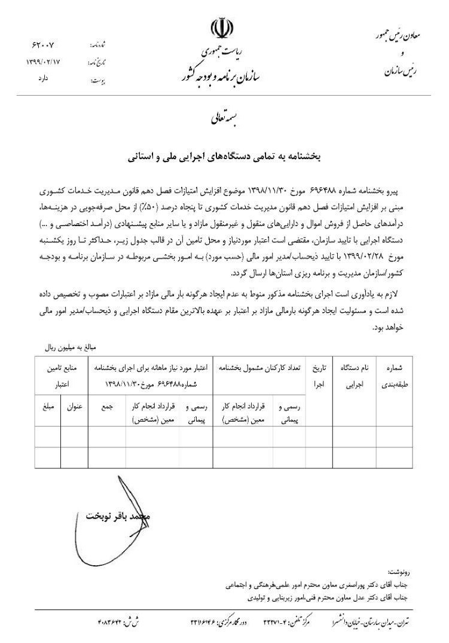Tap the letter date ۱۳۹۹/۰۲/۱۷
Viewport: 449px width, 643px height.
click(44, 61)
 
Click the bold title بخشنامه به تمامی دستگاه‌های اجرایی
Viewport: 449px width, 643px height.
click(224, 158)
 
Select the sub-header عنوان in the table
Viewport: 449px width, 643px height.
click(74, 405)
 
